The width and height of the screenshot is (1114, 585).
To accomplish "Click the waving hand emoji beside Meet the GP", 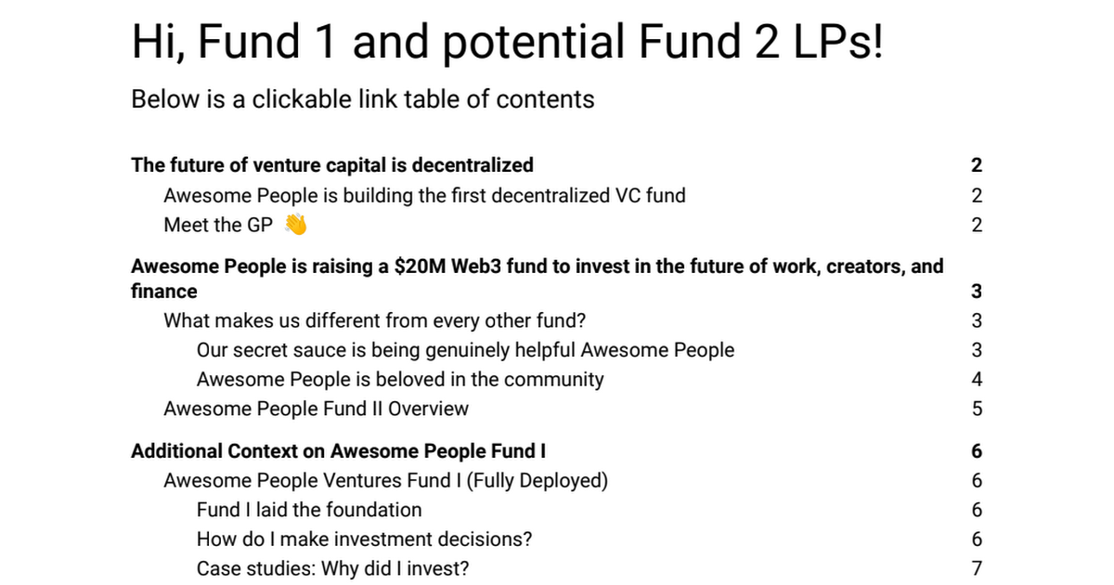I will tap(295, 225).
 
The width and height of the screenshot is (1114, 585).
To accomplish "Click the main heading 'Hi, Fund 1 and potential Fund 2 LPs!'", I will tap(507, 43).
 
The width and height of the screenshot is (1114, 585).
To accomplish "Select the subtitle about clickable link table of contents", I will tap(363, 98).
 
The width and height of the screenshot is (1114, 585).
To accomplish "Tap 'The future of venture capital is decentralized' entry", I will tap(332, 165).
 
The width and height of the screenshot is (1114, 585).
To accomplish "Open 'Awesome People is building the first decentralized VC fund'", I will tap(424, 195).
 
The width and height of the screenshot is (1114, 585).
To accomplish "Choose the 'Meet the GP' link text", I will tap(218, 225).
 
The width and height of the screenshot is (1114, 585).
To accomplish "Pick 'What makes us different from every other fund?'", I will tap(375, 320).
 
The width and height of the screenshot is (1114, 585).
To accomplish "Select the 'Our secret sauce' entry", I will tap(465, 350).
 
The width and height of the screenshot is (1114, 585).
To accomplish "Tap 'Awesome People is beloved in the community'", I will tap(400, 379).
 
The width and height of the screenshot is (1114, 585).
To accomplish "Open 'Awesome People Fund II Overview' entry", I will tap(316, 409).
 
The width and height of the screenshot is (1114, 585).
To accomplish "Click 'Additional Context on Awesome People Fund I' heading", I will tap(338, 451).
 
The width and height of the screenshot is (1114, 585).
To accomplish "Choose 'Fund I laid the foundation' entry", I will tap(309, 510).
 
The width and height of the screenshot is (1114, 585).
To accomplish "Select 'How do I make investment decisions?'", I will tap(364, 539).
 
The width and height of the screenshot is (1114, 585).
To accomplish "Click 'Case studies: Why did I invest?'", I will tap(339, 568).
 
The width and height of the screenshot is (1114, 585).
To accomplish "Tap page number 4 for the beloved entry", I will tap(977, 379).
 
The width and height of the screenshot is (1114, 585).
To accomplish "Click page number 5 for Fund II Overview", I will tap(977, 409).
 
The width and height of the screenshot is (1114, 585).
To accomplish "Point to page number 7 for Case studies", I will tap(977, 568).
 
